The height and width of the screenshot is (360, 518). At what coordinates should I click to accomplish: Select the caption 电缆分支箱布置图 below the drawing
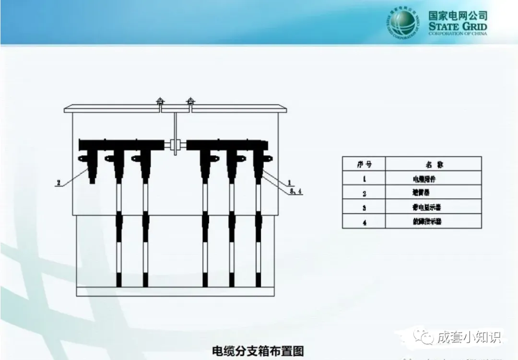[258, 351]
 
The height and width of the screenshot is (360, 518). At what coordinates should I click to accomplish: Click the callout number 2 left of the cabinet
[58, 182]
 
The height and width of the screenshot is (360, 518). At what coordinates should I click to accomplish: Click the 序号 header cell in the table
[364, 164]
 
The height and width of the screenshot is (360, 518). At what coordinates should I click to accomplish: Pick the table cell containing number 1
[364, 179]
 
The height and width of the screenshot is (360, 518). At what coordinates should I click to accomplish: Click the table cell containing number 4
[364, 221]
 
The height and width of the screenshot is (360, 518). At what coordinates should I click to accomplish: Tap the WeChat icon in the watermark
[425, 337]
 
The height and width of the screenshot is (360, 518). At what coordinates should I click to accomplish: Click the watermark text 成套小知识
[469, 337]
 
